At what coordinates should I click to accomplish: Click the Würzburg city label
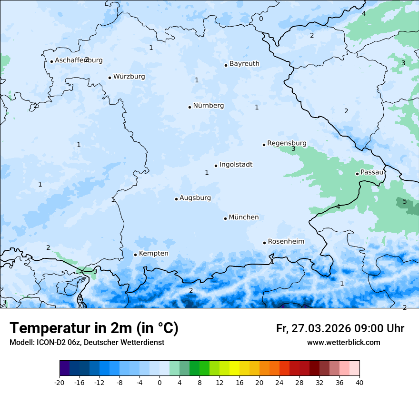129,77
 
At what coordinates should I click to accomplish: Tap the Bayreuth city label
244,64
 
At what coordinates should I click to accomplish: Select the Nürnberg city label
208,106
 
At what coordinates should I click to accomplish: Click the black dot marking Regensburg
264,145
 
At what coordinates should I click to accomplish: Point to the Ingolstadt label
236,165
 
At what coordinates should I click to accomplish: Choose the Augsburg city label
195,198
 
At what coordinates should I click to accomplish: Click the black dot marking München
225,218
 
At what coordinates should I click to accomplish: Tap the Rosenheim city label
286,242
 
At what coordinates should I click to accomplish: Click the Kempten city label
153,254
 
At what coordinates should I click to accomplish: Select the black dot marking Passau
357,174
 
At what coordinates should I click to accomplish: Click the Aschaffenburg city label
79,60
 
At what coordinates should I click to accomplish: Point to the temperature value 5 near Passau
405,201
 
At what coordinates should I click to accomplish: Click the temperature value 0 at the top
260,19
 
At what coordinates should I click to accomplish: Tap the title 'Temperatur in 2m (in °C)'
94,328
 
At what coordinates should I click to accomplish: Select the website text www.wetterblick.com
343,343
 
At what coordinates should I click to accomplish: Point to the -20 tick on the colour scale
60,382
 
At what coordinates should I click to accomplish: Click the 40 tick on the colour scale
359,382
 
